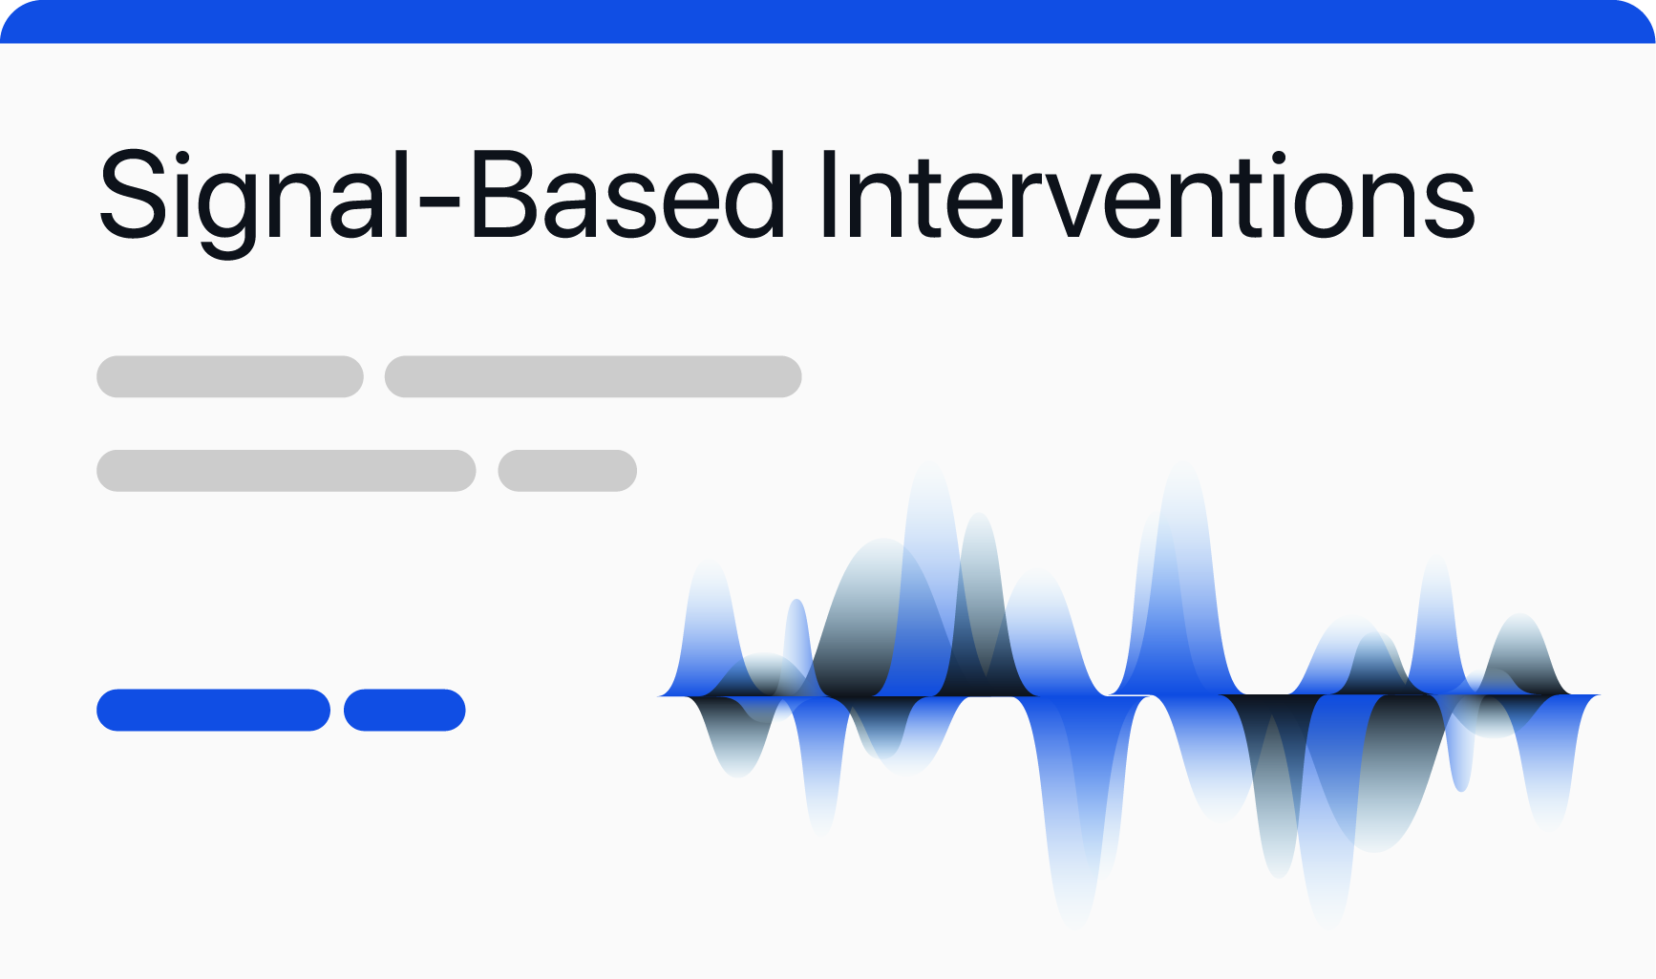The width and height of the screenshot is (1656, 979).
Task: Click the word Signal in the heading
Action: coord(255,200)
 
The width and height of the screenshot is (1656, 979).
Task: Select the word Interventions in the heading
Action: coord(1147,196)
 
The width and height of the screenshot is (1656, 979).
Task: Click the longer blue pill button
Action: coord(214,710)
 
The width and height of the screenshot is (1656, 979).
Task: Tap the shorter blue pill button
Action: coord(405,710)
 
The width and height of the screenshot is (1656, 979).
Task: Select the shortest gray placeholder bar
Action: coord(567,471)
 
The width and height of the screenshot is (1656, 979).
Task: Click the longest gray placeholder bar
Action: coord(593,376)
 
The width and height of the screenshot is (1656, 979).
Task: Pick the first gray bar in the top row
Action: coord(230,376)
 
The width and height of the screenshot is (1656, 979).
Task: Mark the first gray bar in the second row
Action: coord(287,471)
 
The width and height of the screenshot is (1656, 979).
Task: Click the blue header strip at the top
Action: coord(828,21)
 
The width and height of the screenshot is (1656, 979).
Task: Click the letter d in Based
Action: coord(754,195)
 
